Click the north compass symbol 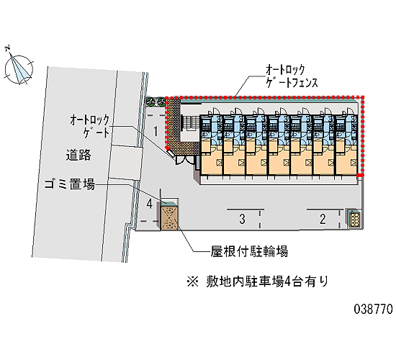coord(19,69)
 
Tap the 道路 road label coord(78,155)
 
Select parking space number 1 coord(156,131)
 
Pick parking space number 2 coord(323,219)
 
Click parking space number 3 coord(242,219)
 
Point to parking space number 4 coord(150,204)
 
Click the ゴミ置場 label coord(70,184)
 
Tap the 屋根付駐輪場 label coord(249,251)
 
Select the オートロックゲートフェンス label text coord(292,76)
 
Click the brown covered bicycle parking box coord(169,217)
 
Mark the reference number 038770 coord(373,309)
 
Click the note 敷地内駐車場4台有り coord(267,282)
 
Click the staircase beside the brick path coord(191,123)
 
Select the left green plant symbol coord(151,102)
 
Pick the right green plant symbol coord(161,102)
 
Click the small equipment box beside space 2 coord(355,219)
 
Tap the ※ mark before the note coord(193,282)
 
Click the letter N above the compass coord(8,48)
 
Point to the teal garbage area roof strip coord(170,203)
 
